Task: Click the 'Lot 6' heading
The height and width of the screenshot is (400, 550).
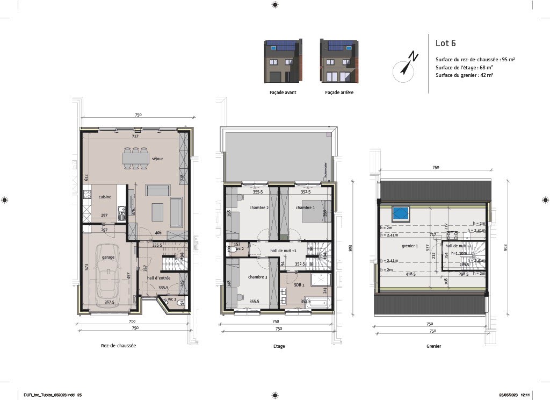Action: pos(445,44)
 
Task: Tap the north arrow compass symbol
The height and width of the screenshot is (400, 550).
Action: pos(405,67)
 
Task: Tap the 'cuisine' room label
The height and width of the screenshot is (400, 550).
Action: pos(105,197)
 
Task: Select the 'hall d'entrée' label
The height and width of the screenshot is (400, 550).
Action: pos(159,278)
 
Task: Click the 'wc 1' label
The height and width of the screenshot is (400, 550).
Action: pos(172,299)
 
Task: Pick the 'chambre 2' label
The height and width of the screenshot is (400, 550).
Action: pos(259,208)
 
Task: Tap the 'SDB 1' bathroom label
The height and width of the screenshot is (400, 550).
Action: pos(299,285)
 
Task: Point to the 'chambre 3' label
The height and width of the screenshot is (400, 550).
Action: pos(257,277)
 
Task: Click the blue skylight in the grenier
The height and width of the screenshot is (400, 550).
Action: pos(401,213)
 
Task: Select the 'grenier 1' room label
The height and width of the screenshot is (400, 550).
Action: pos(410,246)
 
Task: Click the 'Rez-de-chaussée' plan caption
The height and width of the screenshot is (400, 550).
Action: pos(118,346)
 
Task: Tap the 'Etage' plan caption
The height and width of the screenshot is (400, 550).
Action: pos(279,346)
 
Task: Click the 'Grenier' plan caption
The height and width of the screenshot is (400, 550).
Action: pos(433,346)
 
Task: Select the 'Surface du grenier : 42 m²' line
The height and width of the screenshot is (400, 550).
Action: pos(464,75)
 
